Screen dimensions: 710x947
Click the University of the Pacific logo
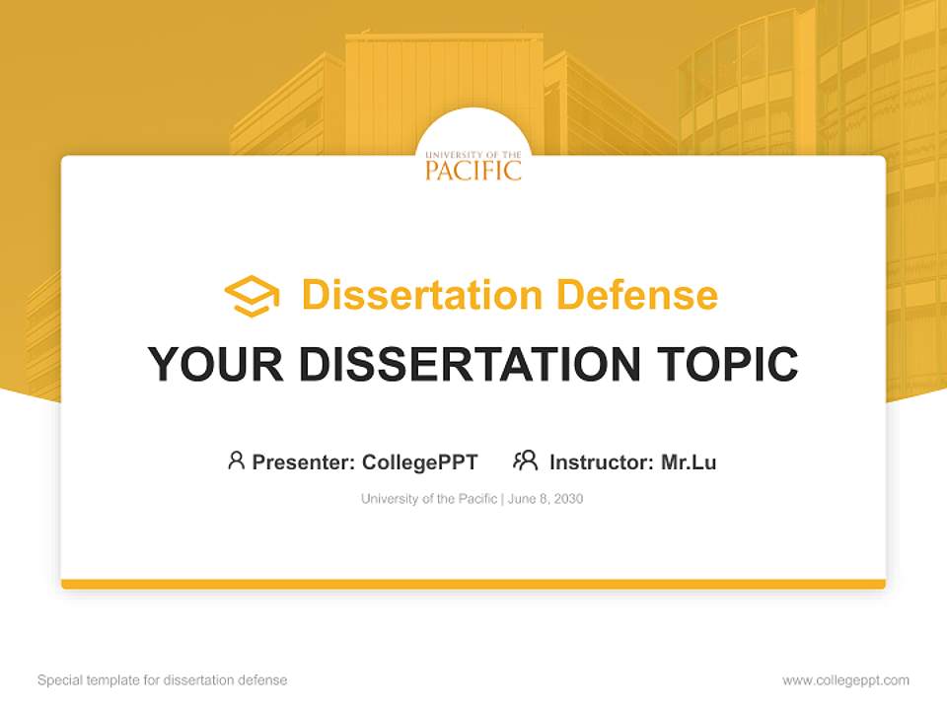point(473,164)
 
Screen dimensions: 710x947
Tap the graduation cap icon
point(252,296)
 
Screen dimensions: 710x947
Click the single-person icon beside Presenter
point(236,461)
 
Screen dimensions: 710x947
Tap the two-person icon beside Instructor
point(525,461)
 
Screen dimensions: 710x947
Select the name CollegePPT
point(419,461)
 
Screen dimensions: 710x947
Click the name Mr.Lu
point(689,461)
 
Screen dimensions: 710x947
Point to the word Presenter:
point(304,461)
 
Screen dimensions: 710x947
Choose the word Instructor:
point(601,461)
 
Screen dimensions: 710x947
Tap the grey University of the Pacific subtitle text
point(429,499)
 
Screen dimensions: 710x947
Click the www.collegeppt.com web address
point(845,680)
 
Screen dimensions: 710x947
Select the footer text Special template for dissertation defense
point(163,680)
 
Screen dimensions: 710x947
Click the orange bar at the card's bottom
point(473,584)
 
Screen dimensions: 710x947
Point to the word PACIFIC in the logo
point(473,171)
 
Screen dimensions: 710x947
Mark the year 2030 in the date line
point(568,499)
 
